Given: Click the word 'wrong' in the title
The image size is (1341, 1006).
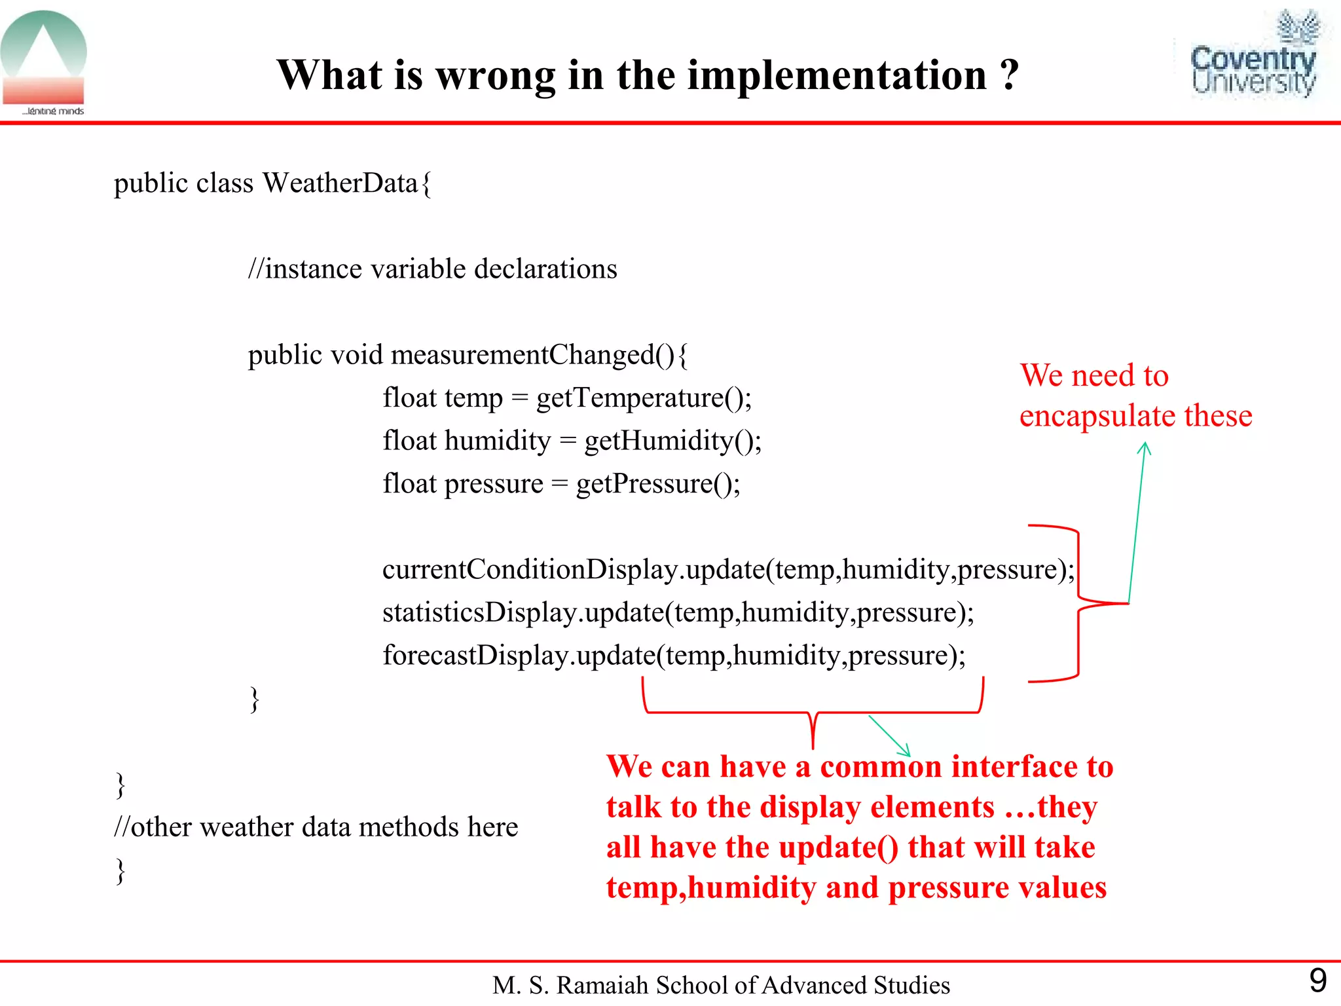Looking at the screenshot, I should pyautogui.click(x=496, y=75).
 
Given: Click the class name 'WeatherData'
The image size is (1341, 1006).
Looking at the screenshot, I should pyautogui.click(x=340, y=183).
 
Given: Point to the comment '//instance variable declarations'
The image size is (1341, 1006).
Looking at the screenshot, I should pyautogui.click(x=432, y=269).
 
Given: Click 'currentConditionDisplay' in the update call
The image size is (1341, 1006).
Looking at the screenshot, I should pyautogui.click(x=530, y=570).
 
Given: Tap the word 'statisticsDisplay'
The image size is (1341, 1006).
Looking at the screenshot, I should pyautogui.click(x=479, y=613).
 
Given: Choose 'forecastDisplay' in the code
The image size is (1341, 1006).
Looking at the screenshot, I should pyautogui.click(x=475, y=656).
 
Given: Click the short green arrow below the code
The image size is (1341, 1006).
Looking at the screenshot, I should pyautogui.click(x=889, y=736).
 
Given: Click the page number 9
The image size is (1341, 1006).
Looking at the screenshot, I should pyautogui.click(x=1317, y=980).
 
